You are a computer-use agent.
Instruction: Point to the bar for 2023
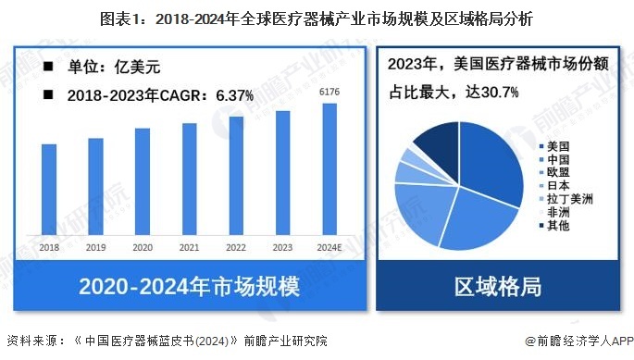[283, 172]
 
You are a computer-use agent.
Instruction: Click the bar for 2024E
[329, 168]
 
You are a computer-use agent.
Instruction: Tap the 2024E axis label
[329, 247]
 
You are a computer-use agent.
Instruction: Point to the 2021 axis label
[190, 247]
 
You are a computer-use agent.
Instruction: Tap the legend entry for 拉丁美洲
[566, 199]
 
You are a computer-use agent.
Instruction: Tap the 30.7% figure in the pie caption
[496, 92]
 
